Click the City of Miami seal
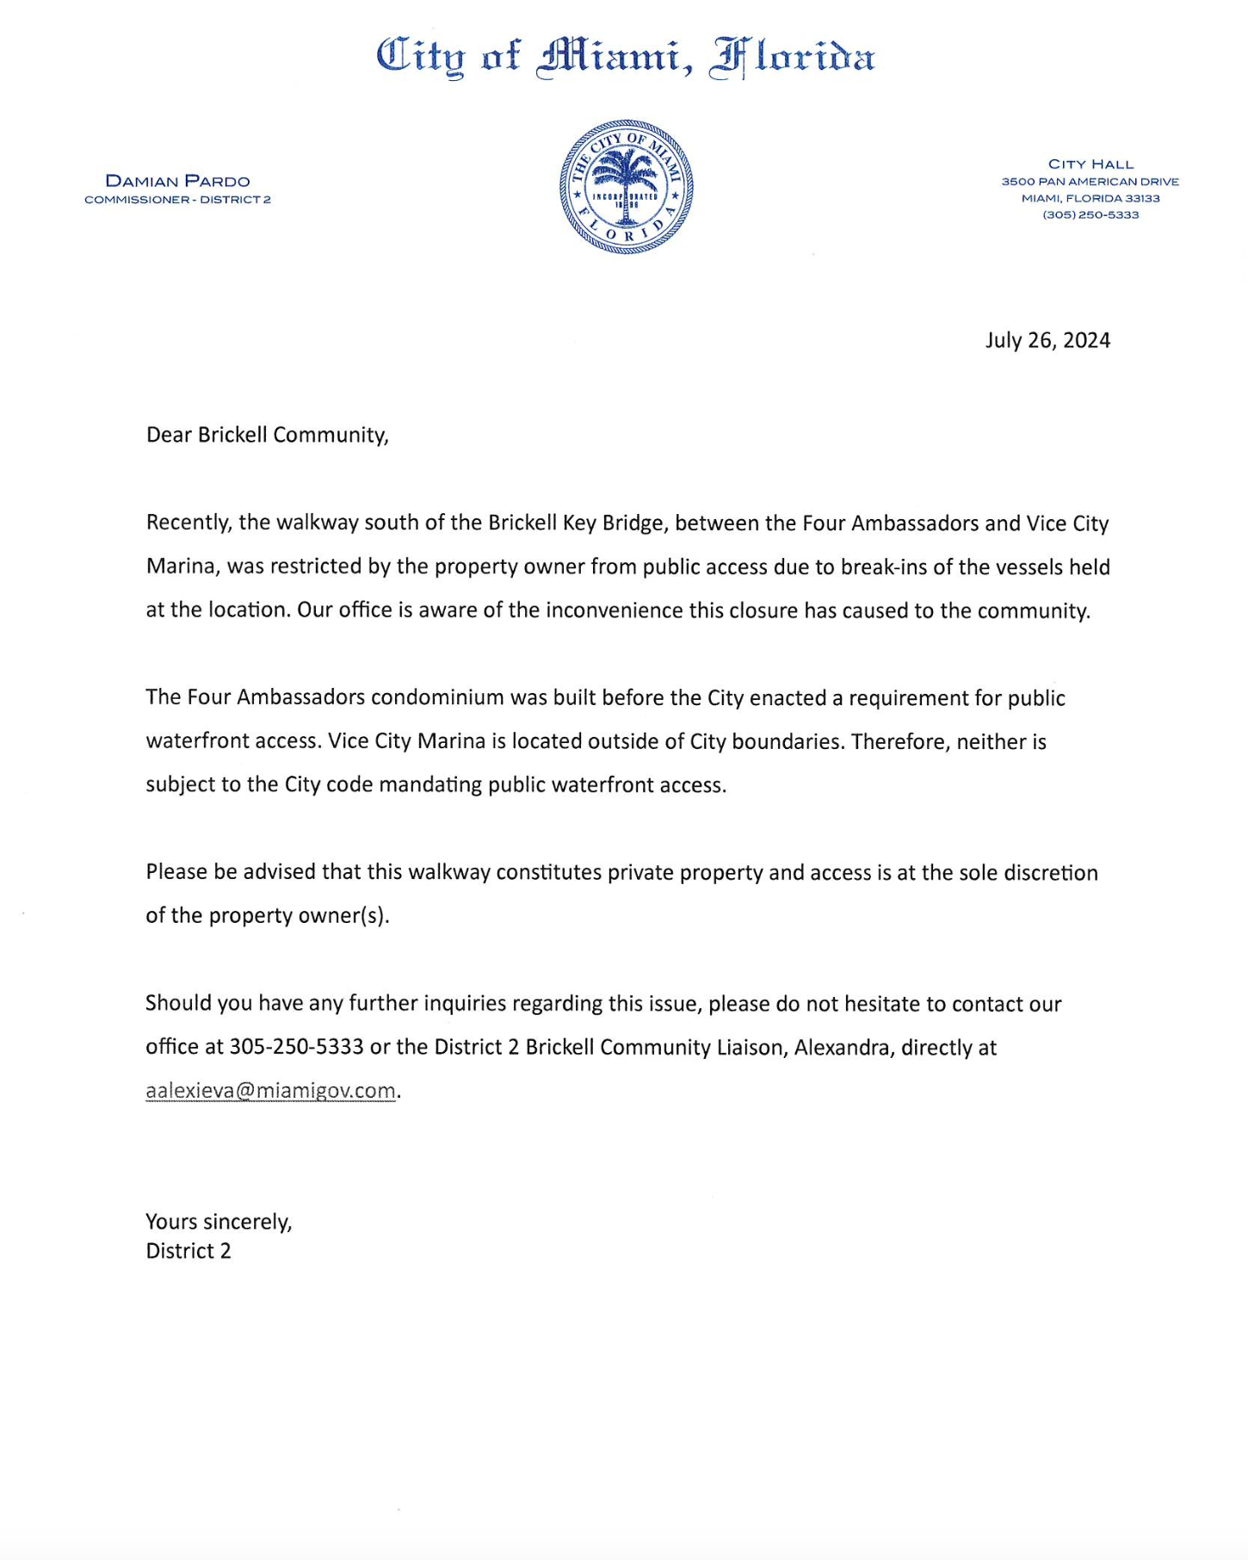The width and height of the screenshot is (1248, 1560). tap(627, 187)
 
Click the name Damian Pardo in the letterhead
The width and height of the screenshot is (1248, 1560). tap(177, 181)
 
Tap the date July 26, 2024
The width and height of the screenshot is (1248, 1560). tap(1047, 340)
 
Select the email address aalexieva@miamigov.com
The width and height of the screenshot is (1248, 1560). tap(270, 1091)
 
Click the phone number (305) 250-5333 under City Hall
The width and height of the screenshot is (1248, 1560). tap(1090, 215)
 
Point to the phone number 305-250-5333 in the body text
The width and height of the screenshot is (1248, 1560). tap(296, 1048)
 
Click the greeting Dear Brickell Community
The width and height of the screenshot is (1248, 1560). tap(267, 435)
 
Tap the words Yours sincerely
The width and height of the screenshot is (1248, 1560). tap(219, 1222)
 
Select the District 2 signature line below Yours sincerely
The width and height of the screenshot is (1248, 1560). tap(188, 1251)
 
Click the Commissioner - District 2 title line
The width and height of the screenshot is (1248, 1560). tap(177, 200)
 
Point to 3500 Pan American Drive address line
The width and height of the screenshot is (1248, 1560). tap(1090, 182)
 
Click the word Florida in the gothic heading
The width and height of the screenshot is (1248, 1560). tap(792, 58)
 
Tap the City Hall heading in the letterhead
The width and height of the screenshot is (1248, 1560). tap(1090, 164)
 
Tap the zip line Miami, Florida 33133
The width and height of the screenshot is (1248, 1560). tap(1090, 199)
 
